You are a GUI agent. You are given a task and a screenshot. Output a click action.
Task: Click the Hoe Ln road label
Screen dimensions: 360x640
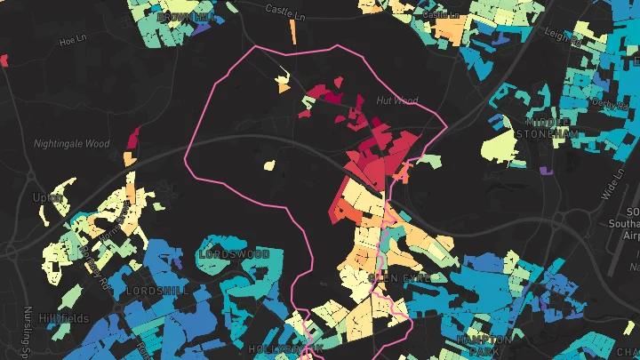pos(70,41)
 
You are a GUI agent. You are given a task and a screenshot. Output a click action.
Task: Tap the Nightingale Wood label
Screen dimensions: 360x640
pos(71,143)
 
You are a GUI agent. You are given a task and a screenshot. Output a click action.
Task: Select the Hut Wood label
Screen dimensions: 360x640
pos(396,100)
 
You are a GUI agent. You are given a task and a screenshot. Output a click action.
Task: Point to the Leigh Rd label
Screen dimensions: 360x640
pos(564,36)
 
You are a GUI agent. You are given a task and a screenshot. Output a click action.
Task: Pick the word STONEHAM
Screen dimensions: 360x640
pos(554,133)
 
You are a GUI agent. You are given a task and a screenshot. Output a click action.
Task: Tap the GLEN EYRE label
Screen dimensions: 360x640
pos(398,277)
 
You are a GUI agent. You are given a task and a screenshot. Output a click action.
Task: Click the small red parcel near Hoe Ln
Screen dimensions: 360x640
pos(4,60)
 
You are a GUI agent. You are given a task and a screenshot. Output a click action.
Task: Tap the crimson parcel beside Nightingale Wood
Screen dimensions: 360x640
pos(134,138)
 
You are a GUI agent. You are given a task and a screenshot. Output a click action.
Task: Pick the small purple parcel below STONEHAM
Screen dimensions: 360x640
pos(546,169)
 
